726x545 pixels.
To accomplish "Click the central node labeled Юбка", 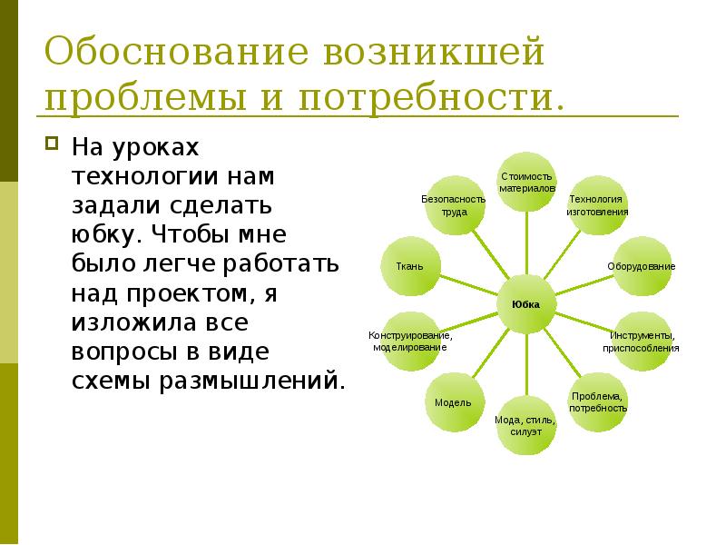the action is (525, 304).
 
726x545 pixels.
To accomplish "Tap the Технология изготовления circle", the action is (597, 205).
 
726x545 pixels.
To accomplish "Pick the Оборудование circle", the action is (641, 265).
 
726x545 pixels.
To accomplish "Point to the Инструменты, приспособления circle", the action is (641, 342).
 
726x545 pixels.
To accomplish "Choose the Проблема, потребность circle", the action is (598, 401).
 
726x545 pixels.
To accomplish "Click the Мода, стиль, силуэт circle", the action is (525, 426).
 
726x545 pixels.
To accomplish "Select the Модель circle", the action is (451, 401).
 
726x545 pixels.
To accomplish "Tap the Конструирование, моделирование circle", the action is (409, 342).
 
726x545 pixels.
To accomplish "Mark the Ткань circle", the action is (410, 266).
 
